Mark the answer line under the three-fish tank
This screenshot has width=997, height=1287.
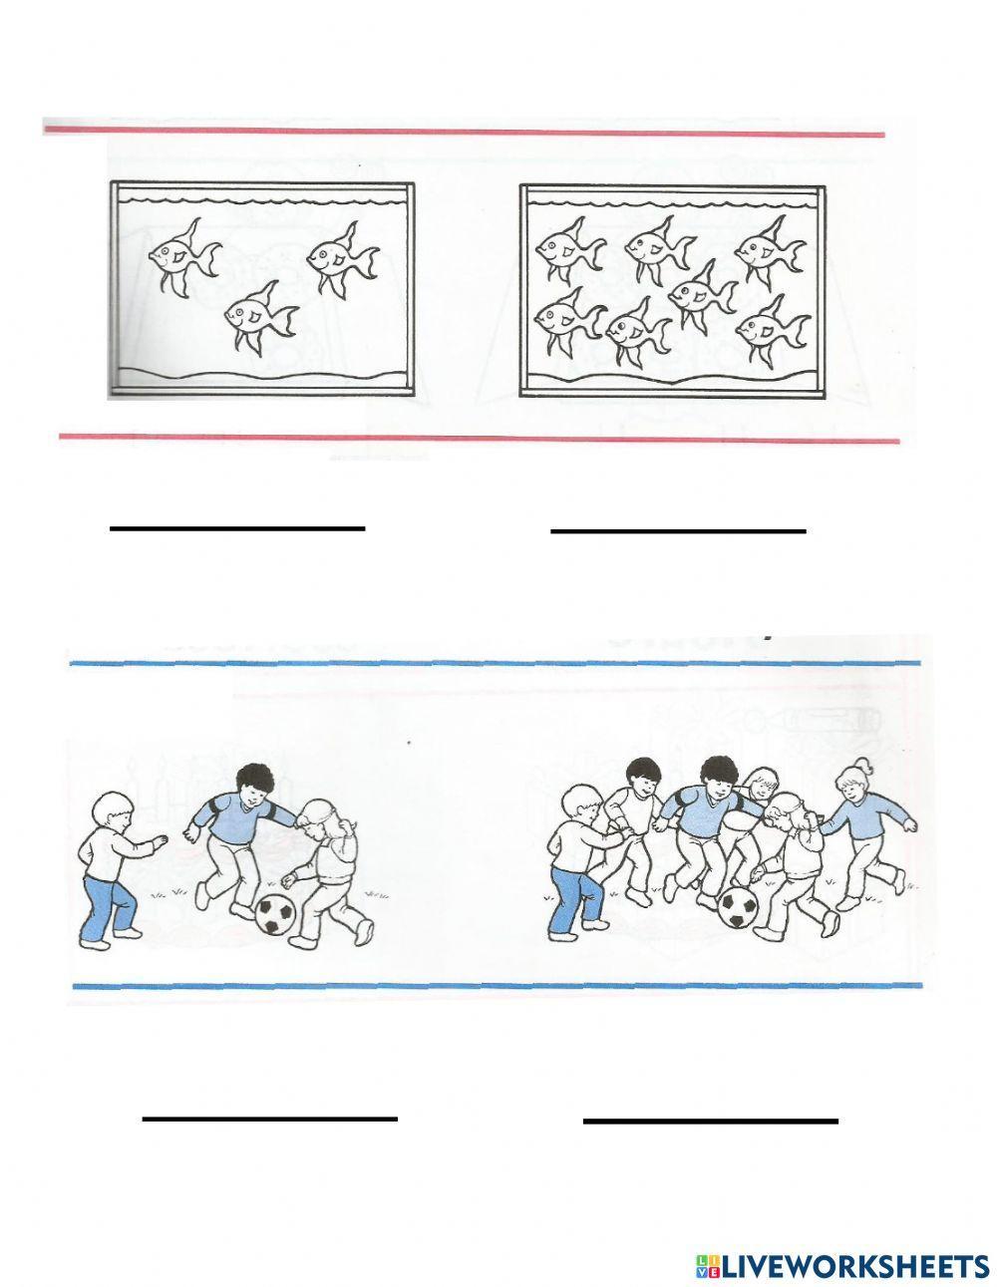click(x=237, y=528)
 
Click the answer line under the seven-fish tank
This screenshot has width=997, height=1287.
click(x=678, y=531)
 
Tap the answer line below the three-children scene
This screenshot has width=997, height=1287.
click(x=270, y=1119)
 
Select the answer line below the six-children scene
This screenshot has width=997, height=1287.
click(x=710, y=1122)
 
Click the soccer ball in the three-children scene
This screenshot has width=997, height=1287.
click(x=276, y=914)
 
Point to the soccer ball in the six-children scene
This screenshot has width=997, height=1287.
click(x=738, y=908)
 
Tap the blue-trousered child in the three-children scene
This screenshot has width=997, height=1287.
click(x=110, y=867)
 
